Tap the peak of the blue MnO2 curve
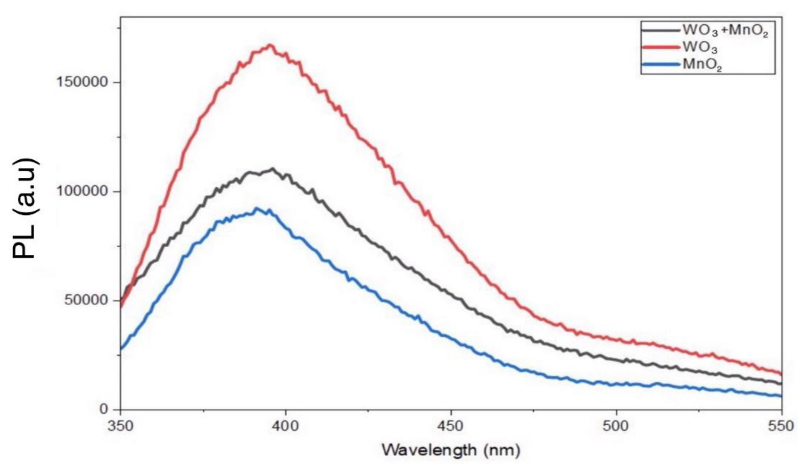(256, 208)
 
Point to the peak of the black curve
(272, 169)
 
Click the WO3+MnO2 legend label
(725, 31)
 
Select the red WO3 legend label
(700, 47)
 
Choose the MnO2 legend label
(702, 65)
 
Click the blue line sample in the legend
(661, 65)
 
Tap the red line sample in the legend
(661, 47)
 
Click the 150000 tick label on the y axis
(82, 82)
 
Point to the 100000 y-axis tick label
(82, 191)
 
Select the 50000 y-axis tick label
(86, 300)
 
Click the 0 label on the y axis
(104, 409)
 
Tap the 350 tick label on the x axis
(120, 426)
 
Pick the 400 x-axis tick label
(285, 426)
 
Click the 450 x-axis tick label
(451, 426)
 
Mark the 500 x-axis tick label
(616, 426)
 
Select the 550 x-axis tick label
(781, 426)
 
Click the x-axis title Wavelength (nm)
(451, 450)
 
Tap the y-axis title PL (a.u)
(25, 208)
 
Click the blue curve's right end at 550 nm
(781, 396)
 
